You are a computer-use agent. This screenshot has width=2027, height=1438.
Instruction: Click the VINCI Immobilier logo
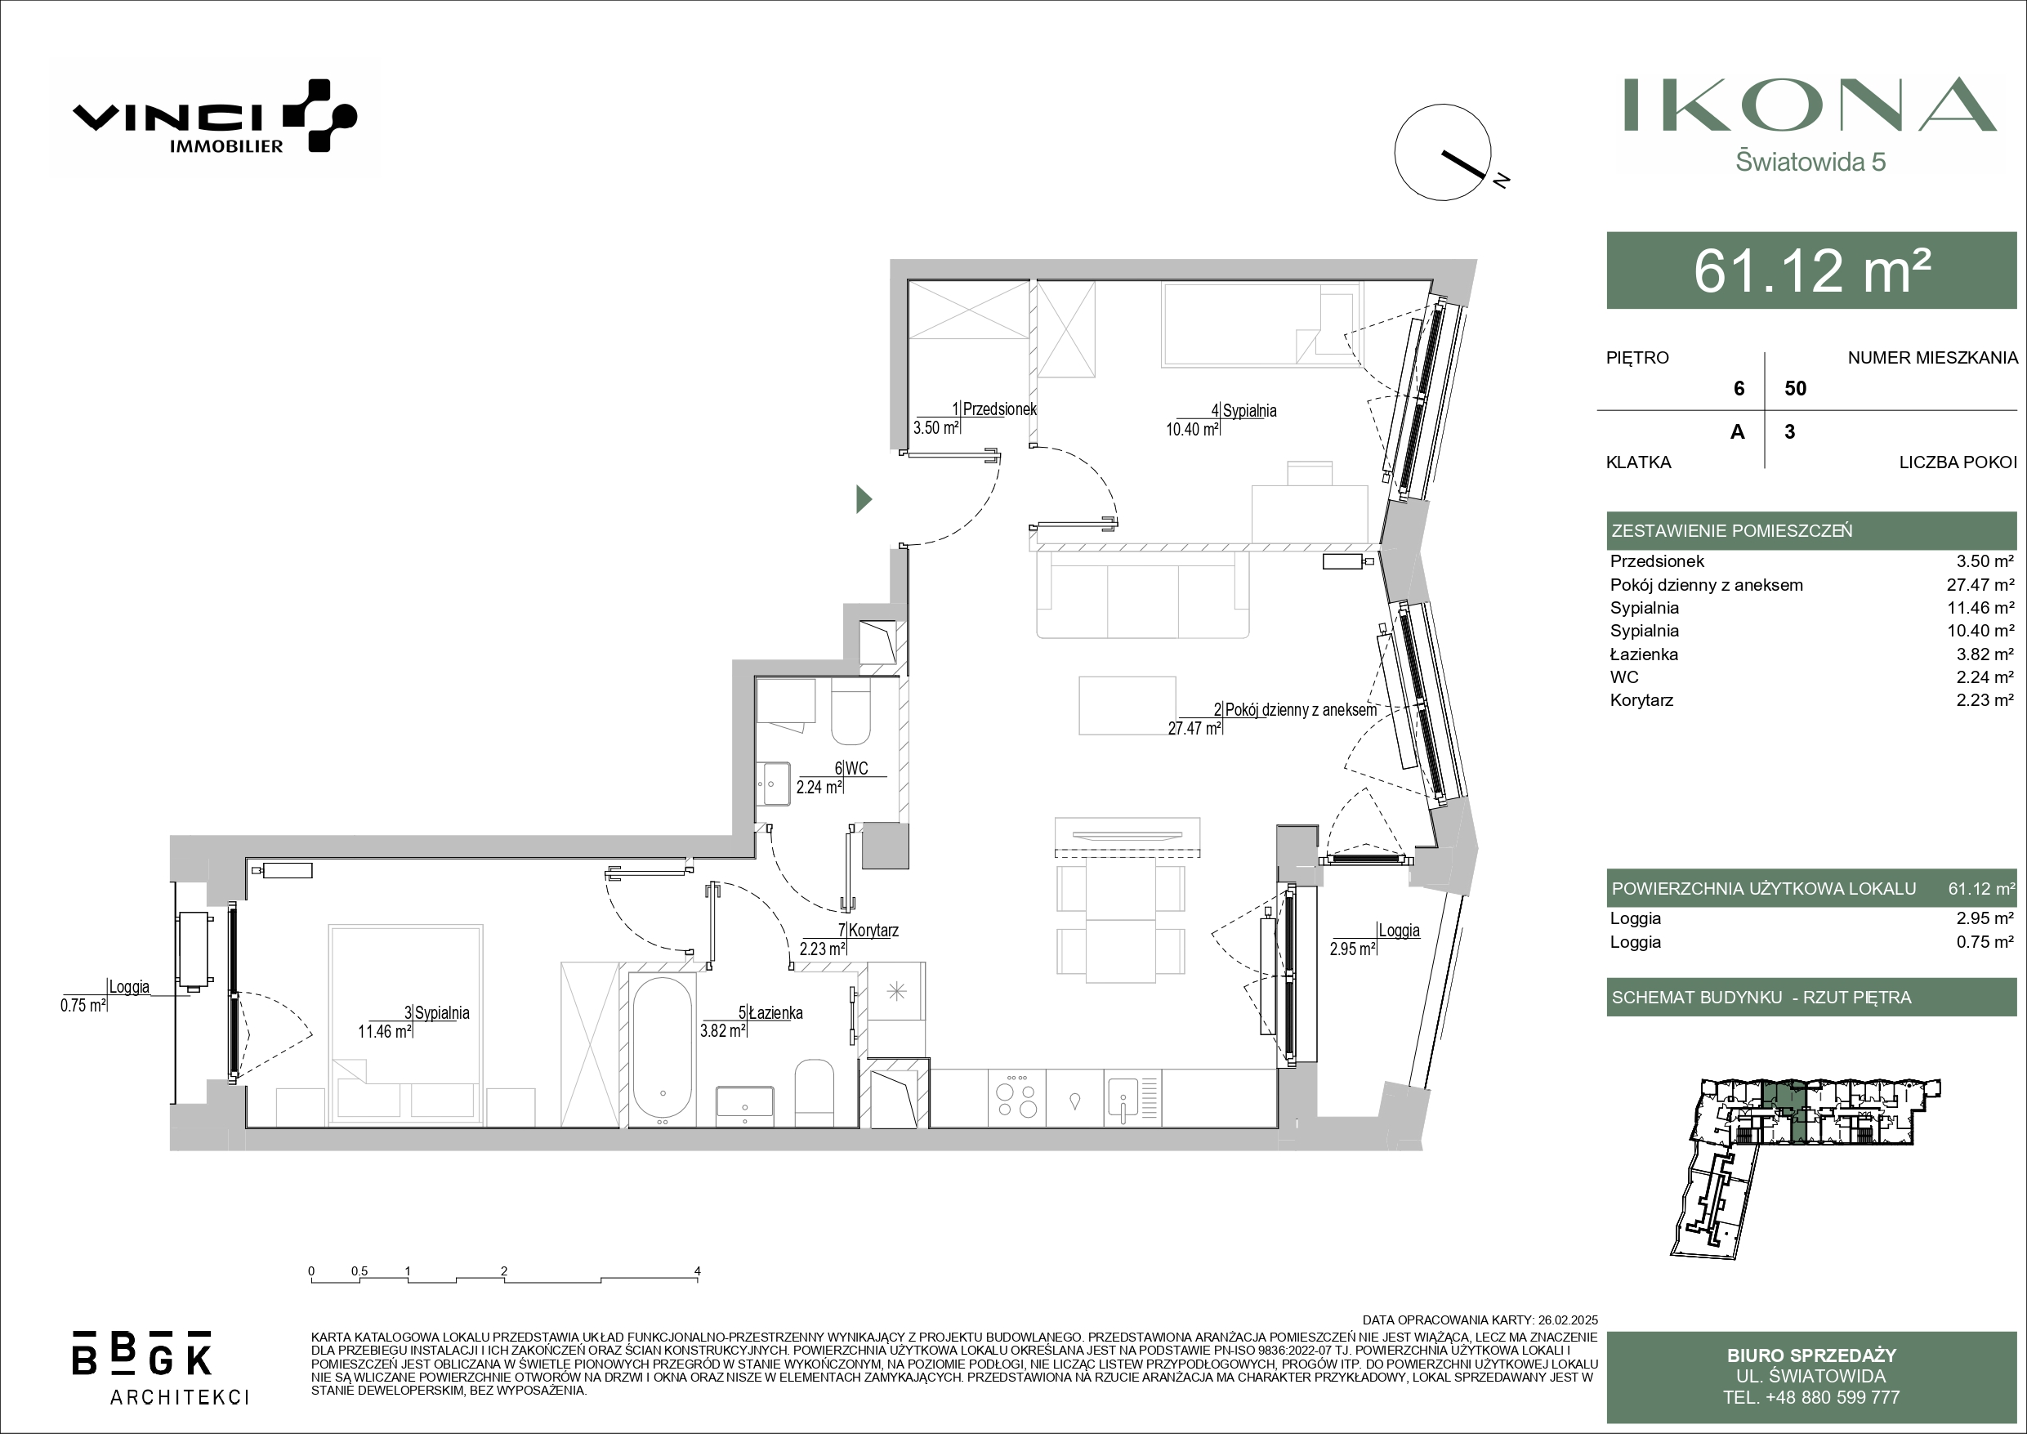pos(214,116)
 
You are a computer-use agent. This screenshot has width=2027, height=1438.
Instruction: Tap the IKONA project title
pos(1810,105)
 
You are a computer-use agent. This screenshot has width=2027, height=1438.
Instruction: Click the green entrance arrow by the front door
pos(864,500)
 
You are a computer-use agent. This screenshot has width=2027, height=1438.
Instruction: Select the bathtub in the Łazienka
pos(662,1050)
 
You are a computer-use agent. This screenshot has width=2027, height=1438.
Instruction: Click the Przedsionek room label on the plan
pos(999,409)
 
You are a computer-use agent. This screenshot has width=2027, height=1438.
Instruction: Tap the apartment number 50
pos(1795,389)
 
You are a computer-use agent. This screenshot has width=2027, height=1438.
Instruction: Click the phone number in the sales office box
pos(1811,1397)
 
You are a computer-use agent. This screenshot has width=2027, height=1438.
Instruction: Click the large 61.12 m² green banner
pos(1811,271)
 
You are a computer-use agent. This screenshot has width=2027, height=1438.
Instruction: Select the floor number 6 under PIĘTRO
pos(1739,389)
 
